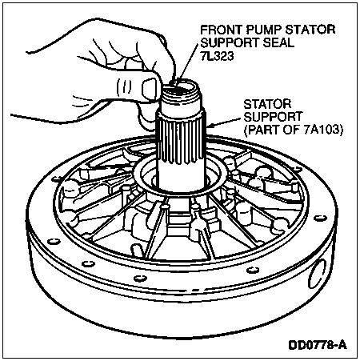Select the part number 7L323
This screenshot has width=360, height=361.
click(x=217, y=56)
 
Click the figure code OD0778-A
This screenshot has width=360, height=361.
click(x=318, y=345)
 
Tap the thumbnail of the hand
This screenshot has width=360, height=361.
click(x=149, y=87)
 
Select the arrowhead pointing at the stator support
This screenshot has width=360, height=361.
click(x=210, y=126)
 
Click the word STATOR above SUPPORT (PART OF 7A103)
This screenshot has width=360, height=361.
click(x=267, y=104)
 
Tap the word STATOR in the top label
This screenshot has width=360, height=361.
click(x=310, y=30)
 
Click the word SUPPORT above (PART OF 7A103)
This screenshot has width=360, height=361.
click(x=274, y=117)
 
